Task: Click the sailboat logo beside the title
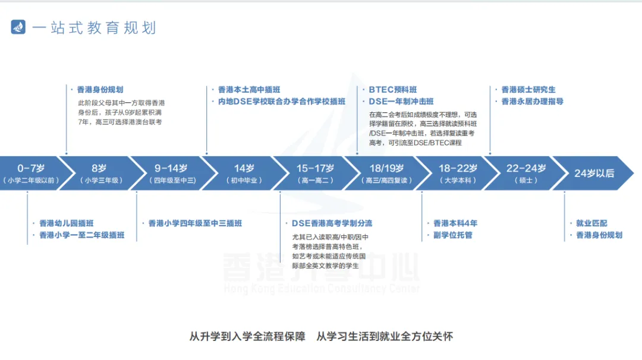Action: pyautogui.click(x=18, y=27)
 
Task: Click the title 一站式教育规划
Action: pyautogui.click(x=94, y=28)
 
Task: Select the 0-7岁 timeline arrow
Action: pyautogui.click(x=30, y=173)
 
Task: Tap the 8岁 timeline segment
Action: pyautogui.click(x=99, y=173)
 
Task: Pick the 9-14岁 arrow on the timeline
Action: pyautogui.click(x=171, y=173)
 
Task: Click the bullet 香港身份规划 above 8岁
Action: pyautogui.click(x=99, y=90)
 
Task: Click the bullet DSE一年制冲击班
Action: pyautogui.click(x=401, y=102)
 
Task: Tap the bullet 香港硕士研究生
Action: pyautogui.click(x=528, y=90)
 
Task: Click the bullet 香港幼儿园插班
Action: pyautogui.click(x=66, y=223)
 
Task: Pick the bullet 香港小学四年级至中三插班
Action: pyautogui.click(x=194, y=223)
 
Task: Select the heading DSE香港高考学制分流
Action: pyautogui.click(x=331, y=223)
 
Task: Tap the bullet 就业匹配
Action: pyautogui.click(x=591, y=223)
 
